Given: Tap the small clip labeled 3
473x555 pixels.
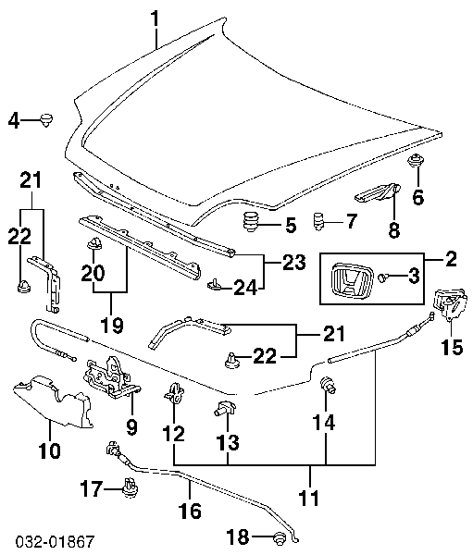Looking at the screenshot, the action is tap(382, 278).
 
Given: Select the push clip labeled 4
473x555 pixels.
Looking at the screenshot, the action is tap(45, 120).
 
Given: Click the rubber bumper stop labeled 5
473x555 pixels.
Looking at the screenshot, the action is tap(251, 222).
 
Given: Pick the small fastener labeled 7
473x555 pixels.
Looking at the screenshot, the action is tap(319, 221).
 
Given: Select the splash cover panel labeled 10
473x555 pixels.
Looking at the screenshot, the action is tap(53, 401).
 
